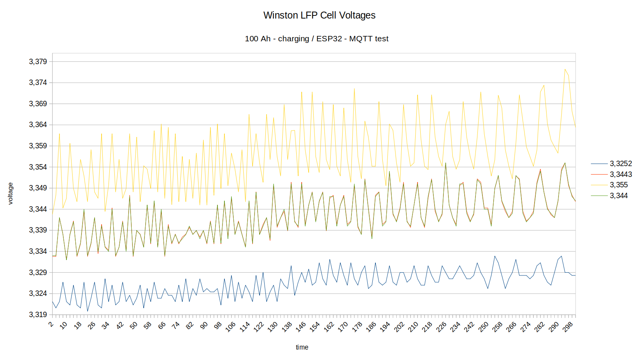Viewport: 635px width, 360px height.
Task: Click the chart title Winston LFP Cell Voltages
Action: coord(319,15)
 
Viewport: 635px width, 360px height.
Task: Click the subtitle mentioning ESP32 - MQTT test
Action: coord(316,39)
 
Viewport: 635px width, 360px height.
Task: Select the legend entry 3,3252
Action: coord(621,164)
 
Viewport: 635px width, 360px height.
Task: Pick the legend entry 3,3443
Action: coord(621,175)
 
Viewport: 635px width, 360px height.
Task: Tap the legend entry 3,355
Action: coord(618,185)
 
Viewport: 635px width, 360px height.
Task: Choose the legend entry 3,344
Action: coord(618,196)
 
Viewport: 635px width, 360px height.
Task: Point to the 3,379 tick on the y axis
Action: coord(38,62)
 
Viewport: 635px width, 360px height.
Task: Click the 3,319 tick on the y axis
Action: coord(38,314)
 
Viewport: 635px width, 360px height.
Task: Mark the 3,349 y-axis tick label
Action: coord(38,188)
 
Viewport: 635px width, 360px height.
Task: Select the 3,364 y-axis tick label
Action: coord(38,125)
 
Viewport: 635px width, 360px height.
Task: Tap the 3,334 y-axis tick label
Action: coord(38,251)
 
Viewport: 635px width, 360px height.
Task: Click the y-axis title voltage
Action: coord(10,194)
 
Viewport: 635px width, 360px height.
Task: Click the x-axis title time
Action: coord(302,347)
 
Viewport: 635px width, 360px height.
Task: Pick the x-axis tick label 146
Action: coord(301,327)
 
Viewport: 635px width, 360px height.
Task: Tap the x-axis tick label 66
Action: coord(162,325)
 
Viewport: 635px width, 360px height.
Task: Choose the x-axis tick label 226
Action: coord(441,327)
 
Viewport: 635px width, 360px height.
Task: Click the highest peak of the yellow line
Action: coord(565,69)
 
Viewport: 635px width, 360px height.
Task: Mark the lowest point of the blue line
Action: coord(87,311)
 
